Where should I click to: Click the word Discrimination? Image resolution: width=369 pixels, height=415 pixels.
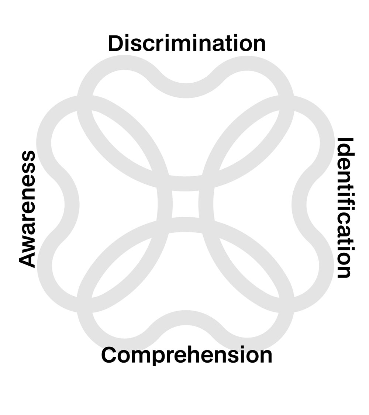187,44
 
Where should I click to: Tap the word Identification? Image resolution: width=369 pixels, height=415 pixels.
346,208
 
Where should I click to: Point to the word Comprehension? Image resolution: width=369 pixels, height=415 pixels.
187,355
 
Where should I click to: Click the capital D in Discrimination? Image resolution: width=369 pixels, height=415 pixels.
115,44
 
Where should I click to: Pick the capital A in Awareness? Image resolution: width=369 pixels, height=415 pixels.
27,258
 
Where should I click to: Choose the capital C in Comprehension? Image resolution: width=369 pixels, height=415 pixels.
109,355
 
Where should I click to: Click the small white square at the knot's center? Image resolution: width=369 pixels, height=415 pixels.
186,204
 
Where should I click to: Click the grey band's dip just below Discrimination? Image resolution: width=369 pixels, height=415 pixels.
186,90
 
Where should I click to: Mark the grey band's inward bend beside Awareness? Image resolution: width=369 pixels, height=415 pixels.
72,205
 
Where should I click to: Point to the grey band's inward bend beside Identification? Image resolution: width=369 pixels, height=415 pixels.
299,205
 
